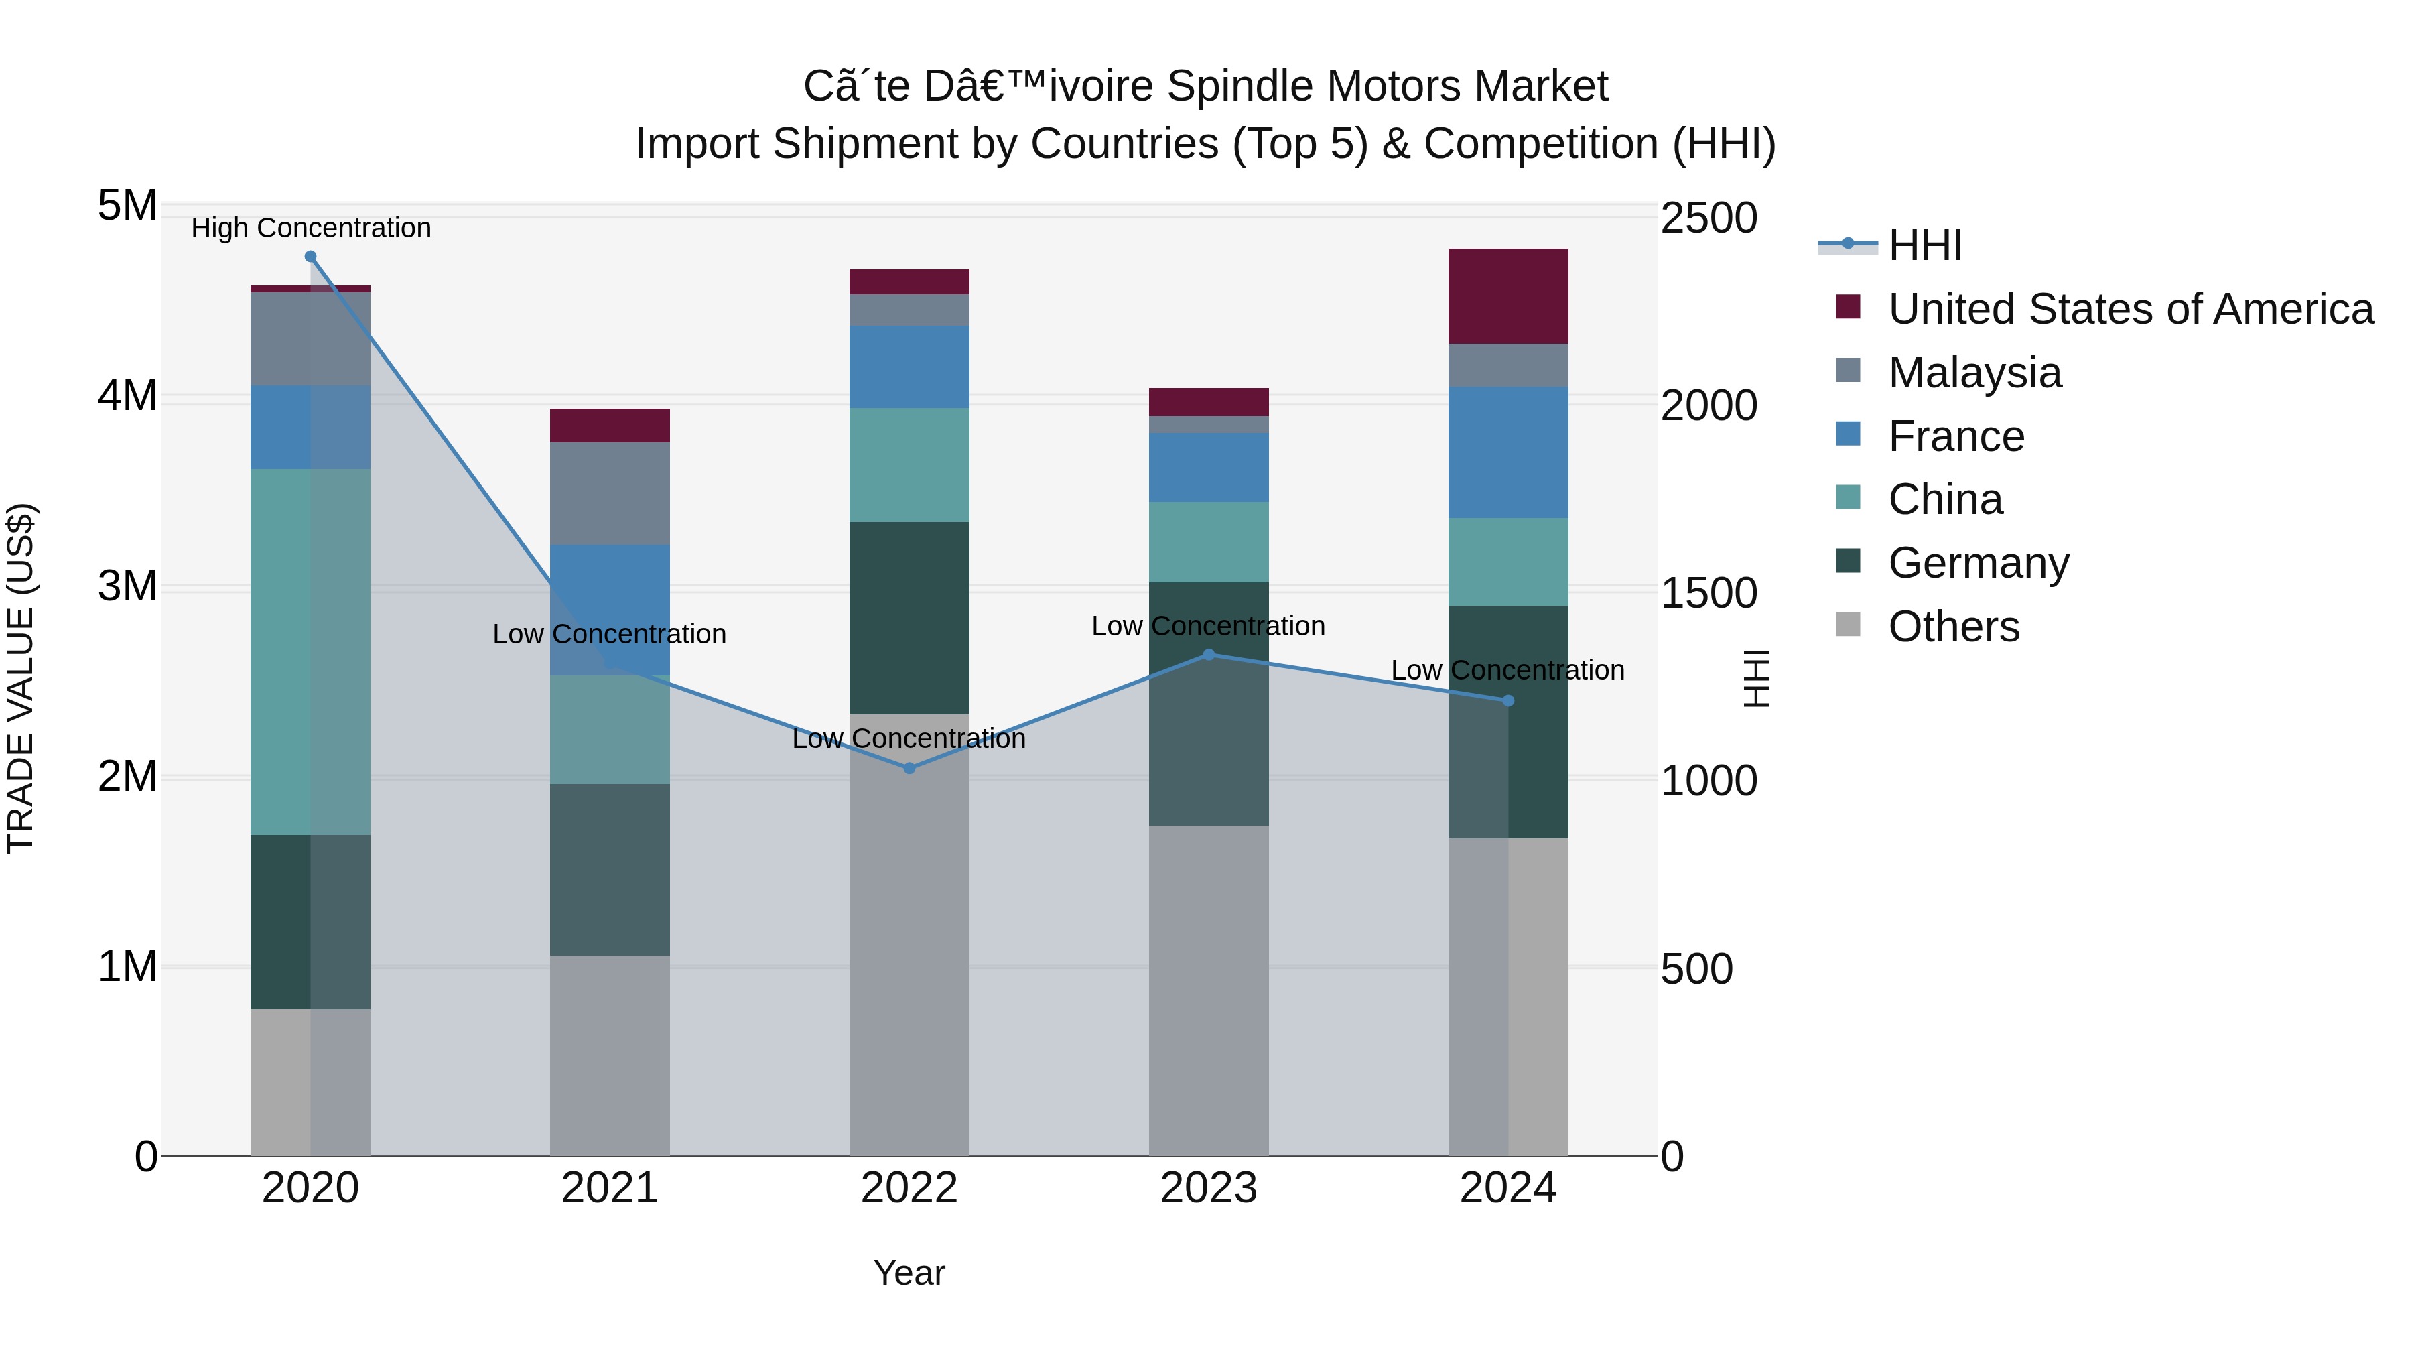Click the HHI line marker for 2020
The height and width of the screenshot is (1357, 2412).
tap(311, 257)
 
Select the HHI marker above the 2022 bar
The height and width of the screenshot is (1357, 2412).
tap(909, 768)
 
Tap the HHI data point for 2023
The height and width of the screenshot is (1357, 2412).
tap(1209, 655)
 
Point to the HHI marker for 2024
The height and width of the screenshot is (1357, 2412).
tap(1508, 700)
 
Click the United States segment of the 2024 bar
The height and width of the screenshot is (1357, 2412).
tap(1508, 296)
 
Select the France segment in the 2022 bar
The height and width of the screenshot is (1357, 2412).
tap(909, 367)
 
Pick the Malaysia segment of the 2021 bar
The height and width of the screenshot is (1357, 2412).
tap(610, 493)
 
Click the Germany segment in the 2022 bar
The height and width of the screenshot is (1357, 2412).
tap(909, 618)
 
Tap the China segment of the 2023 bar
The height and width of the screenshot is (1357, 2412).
tap(1209, 542)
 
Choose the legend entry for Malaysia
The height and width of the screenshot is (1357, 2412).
tap(1974, 373)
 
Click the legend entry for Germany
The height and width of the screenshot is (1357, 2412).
tap(1978, 563)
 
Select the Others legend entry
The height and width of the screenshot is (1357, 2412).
tap(1953, 627)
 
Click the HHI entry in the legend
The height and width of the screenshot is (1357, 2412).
tap(1924, 245)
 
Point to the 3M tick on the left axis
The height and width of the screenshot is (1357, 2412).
tap(127, 586)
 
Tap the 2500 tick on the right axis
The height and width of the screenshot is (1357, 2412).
tap(1708, 218)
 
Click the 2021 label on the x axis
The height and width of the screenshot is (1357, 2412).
tap(610, 1188)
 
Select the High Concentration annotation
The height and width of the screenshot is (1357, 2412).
tap(311, 228)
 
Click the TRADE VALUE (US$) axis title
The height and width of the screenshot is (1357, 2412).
tap(21, 678)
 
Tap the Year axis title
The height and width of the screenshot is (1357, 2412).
tap(909, 1273)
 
